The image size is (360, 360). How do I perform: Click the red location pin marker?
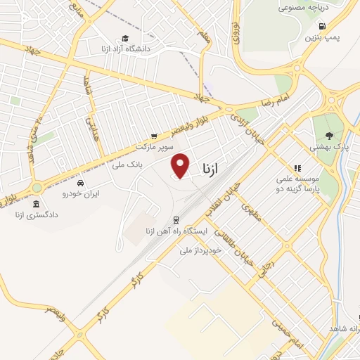tap(181, 165)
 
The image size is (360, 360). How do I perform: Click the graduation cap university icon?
tap(125, 39)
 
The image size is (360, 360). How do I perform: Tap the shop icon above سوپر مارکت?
tap(154, 136)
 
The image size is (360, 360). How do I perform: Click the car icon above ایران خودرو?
tap(82, 181)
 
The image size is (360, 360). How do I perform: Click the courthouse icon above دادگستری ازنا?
tap(36, 203)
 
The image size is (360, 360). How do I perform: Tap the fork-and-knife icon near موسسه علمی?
tap(298, 169)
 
